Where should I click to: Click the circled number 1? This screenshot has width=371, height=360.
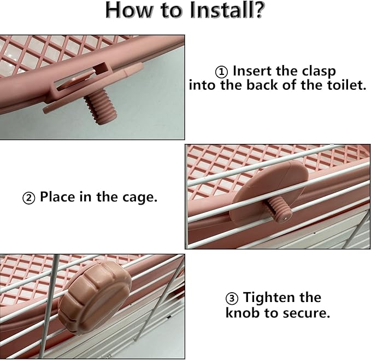pyautogui.click(x=221, y=72)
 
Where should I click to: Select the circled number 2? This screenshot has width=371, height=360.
pyautogui.click(x=28, y=198)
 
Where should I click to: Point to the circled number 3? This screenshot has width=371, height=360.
pyautogui.click(x=232, y=298)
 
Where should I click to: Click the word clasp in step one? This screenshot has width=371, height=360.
pyautogui.click(x=319, y=71)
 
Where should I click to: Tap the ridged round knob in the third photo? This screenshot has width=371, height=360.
pyautogui.click(x=95, y=297)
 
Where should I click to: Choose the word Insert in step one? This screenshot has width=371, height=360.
pyautogui.click(x=252, y=71)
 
